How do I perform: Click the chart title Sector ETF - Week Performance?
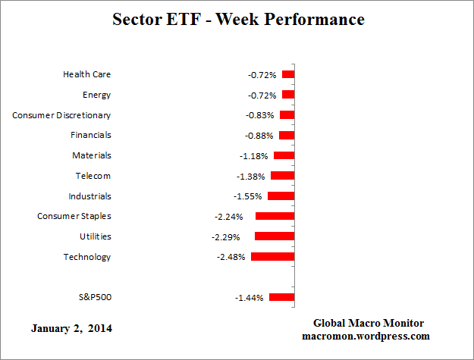237,20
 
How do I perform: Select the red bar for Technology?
272,257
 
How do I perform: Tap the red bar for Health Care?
288,74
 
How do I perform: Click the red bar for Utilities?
275,236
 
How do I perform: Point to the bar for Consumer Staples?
275,216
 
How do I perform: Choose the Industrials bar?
281,196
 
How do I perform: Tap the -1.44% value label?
250,298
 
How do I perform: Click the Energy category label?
96,95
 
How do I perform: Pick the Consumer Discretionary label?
61,115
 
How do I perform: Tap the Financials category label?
91,135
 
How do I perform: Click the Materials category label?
93,155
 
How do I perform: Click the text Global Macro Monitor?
370,323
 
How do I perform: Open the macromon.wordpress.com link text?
370,336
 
